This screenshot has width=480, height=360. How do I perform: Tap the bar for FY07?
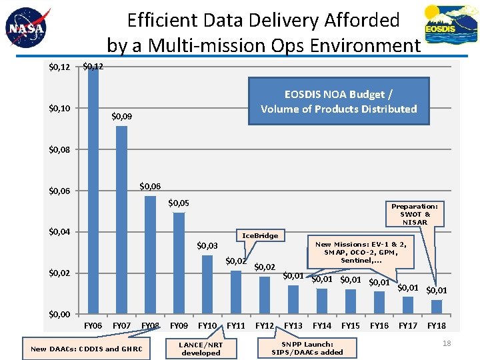pyautogui.click(x=121, y=220)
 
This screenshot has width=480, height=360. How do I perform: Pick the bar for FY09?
pyautogui.click(x=179, y=263)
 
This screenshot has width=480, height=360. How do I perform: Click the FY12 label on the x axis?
pyautogui.click(x=265, y=325)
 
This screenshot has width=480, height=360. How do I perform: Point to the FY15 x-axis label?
pyautogui.click(x=351, y=325)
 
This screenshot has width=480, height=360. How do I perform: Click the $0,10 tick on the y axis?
pyautogui.click(x=60, y=108)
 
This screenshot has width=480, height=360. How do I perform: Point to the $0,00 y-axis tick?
pyautogui.click(x=60, y=314)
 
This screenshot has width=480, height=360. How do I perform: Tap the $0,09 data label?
pyautogui.click(x=121, y=117)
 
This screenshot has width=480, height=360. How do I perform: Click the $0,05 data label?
pyautogui.click(x=179, y=203)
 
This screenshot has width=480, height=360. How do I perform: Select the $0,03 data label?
pyautogui.click(x=207, y=246)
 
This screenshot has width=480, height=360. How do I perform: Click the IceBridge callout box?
pyautogui.click(x=260, y=235)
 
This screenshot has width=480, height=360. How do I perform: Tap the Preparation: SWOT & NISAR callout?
pyautogui.click(x=415, y=214)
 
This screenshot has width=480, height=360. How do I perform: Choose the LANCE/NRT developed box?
pyautogui.click(x=201, y=349)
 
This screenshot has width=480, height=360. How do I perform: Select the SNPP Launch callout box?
pyautogui.click(x=307, y=348)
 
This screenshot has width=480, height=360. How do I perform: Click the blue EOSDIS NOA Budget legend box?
pyautogui.click(x=339, y=101)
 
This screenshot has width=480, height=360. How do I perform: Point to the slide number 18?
pyautogui.click(x=447, y=343)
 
